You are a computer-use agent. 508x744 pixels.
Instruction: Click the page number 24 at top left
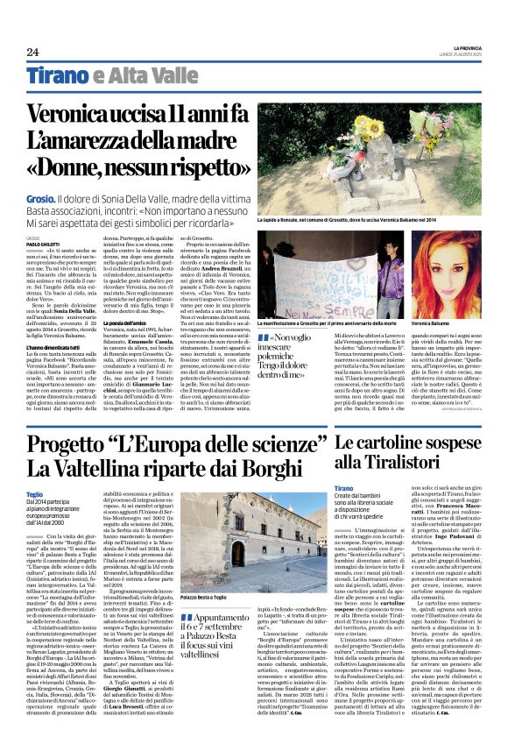pos(32,51)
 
